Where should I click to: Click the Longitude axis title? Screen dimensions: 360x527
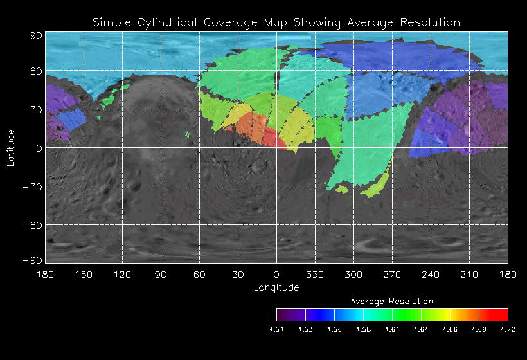click(x=276, y=287)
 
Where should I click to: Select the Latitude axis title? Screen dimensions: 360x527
click(x=11, y=147)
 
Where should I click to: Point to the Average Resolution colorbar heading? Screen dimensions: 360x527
click(x=392, y=301)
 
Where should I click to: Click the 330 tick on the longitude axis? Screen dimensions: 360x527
click(x=315, y=274)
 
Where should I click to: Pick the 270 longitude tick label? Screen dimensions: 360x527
click(x=392, y=274)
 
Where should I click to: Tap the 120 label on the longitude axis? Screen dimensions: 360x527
click(x=122, y=274)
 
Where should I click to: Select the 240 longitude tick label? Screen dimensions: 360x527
click(x=431, y=274)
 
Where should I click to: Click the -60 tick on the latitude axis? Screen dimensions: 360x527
click(x=33, y=225)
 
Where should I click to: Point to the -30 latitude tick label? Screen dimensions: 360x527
click(x=33, y=186)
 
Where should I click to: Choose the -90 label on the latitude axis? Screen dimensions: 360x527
click(x=33, y=260)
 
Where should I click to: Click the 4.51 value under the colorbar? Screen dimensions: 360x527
click(x=276, y=329)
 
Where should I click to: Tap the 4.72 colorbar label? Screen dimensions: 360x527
click(x=508, y=329)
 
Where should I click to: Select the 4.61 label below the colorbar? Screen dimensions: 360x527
click(x=392, y=329)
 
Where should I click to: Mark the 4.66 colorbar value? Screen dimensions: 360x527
click(x=450, y=329)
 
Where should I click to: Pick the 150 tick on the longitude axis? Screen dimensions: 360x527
click(x=84, y=274)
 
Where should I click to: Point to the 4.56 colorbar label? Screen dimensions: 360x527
click(x=334, y=329)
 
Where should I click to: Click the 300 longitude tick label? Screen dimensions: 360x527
click(x=353, y=274)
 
